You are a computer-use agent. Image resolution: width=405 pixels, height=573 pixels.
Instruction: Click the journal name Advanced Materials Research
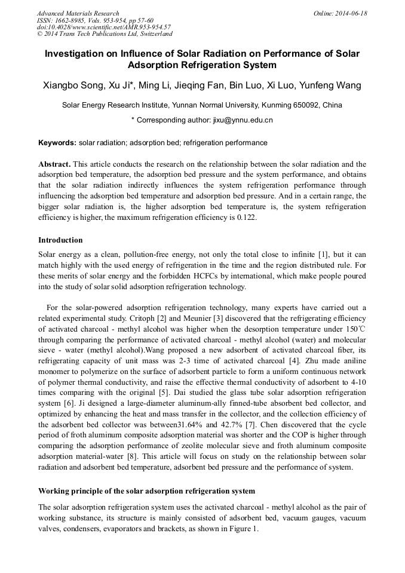click(78, 13)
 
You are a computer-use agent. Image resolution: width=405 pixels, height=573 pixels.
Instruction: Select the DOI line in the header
click(103, 27)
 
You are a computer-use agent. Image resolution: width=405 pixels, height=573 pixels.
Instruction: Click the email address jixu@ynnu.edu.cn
click(243, 119)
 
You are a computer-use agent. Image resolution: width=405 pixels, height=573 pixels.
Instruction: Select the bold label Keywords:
click(57, 143)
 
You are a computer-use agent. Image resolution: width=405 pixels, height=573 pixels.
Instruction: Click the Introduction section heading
click(60, 240)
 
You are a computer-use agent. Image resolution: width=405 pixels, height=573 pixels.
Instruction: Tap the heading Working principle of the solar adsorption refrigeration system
click(146, 491)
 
